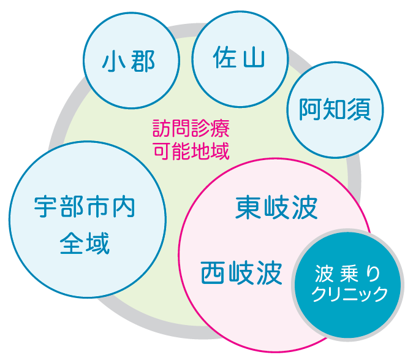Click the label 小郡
(x=129, y=61)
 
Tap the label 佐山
(x=239, y=57)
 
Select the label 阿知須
(x=335, y=109)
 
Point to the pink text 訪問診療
(x=191, y=128)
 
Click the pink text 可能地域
(x=191, y=151)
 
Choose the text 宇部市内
(x=85, y=207)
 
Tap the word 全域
(x=85, y=243)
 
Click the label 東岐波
(x=276, y=208)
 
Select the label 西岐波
(x=241, y=273)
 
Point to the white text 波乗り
(x=347, y=274)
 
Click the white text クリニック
(x=349, y=294)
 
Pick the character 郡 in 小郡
(x=143, y=61)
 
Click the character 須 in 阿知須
(x=359, y=109)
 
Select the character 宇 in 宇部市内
(x=45, y=207)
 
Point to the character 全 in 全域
(x=72, y=243)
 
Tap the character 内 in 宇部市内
(x=124, y=207)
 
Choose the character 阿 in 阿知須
(x=310, y=109)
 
